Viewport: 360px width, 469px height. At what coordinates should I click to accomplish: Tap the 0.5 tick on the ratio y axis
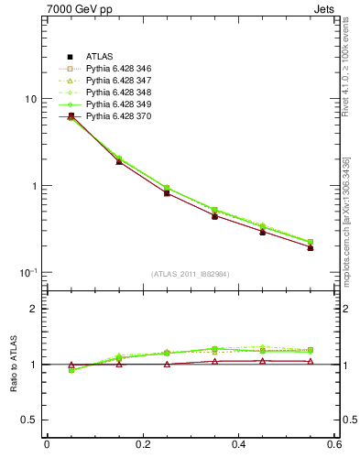(x=29, y=420)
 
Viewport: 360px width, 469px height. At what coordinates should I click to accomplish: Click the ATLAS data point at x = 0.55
(x=310, y=247)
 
